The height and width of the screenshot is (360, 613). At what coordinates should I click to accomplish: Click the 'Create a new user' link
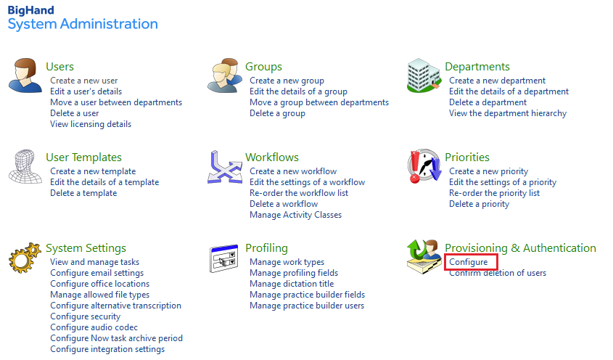pos(83,81)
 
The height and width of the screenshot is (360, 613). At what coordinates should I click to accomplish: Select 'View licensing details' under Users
pos(91,124)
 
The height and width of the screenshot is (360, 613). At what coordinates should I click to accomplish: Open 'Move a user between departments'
pos(116,102)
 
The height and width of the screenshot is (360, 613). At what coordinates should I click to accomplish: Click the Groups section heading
pos(263,67)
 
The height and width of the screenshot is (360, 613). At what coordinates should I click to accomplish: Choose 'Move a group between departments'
pos(319,102)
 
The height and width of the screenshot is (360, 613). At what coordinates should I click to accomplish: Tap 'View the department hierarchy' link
pos(508,113)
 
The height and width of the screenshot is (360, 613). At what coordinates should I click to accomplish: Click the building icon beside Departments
pos(424,75)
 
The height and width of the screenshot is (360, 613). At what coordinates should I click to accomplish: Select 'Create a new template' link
pos(93,171)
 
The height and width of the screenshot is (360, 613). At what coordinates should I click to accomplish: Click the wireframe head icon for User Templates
pos(25,166)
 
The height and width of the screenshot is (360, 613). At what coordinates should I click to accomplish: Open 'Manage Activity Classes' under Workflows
pos(295,215)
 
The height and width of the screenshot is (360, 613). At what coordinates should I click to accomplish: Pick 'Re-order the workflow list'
pos(299,193)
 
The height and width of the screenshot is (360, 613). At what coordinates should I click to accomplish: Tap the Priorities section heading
pos(467,157)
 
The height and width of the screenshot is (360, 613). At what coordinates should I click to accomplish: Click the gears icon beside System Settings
pos(25,258)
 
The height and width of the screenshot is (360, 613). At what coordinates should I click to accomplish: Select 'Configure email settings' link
pos(96,273)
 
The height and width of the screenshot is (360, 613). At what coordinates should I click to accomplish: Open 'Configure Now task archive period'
pos(116,338)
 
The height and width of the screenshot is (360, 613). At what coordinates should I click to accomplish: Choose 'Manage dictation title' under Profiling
pos(292,284)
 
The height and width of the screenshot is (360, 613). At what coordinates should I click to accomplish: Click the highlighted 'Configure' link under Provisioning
pos(469,262)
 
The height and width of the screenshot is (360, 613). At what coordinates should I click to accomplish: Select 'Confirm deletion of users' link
pos(498,273)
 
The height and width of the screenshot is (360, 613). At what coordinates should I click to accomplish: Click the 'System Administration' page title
pos(83,24)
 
